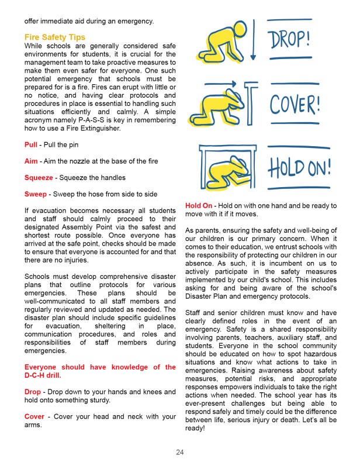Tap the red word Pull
pos(30,144)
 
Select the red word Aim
pos(31,161)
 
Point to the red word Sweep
pos(35,194)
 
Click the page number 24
pos(180,452)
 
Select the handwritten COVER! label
pos(295,106)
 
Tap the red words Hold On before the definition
pos(199,206)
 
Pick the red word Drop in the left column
pos(32,391)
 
